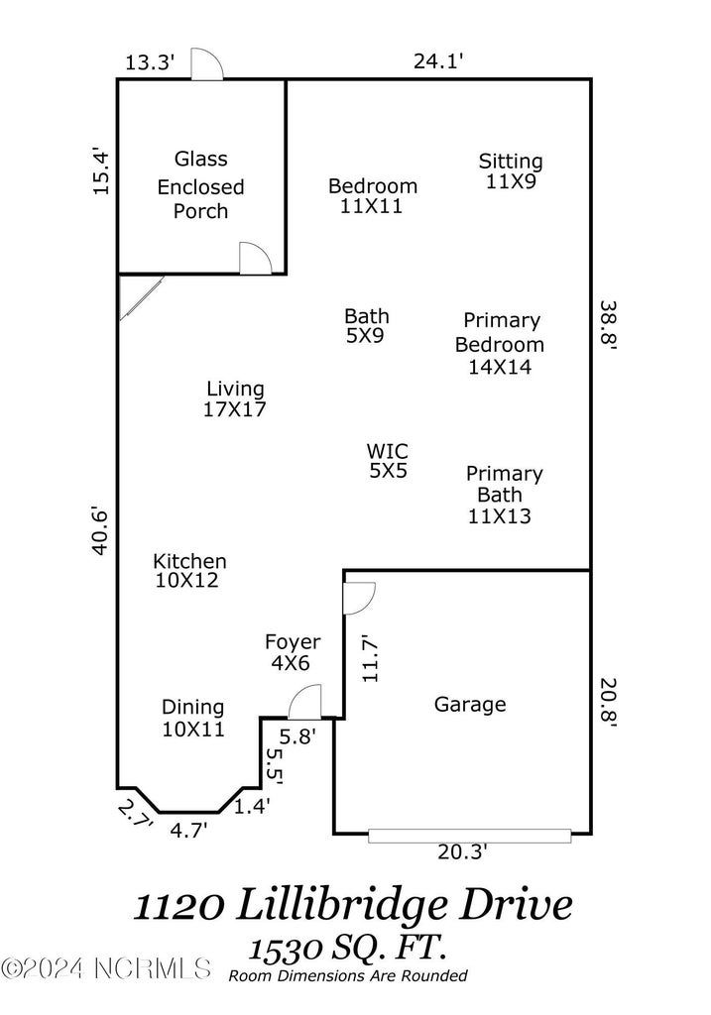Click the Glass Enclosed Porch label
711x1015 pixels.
click(x=201, y=185)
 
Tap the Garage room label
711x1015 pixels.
click(x=470, y=705)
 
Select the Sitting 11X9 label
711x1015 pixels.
click(x=511, y=171)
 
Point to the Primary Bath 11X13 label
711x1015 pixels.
click(x=504, y=495)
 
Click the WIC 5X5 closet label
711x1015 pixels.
click(x=388, y=461)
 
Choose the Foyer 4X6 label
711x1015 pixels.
click(x=293, y=653)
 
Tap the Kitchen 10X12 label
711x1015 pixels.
click(x=188, y=571)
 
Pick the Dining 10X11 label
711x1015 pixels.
click(x=193, y=719)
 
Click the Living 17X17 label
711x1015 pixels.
click(x=235, y=398)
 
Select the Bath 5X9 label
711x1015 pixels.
click(x=366, y=325)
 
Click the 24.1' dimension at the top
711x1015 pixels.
click(x=438, y=61)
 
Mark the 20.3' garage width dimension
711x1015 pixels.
click(x=463, y=851)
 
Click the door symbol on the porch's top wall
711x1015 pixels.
click(x=207, y=65)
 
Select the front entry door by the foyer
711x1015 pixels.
click(x=303, y=703)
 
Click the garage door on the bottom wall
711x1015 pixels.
click(x=469, y=836)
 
